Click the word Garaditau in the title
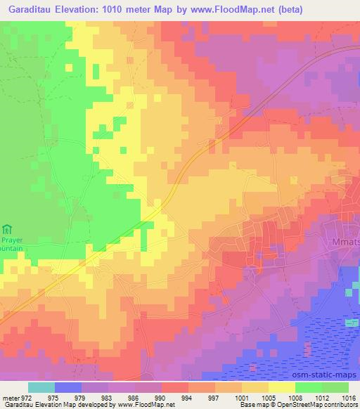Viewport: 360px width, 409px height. tap(29, 9)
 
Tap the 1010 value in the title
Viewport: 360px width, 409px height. tap(131, 9)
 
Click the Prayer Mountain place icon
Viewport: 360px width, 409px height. tap(8, 228)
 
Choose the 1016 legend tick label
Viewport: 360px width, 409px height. tap(349, 398)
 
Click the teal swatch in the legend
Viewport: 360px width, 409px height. tap(41, 387)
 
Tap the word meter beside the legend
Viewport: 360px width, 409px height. tap(9, 398)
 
